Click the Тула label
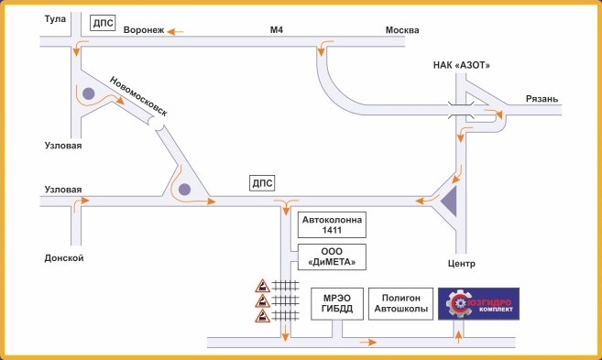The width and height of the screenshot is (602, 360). pos(55,19)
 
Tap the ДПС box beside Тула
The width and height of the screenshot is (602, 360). pos(103,23)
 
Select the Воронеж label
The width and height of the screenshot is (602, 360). pos(144,30)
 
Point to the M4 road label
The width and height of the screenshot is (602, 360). pos(277,29)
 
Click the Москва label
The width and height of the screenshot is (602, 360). pos(402,30)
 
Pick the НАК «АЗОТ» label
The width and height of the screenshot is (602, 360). pos(462,65)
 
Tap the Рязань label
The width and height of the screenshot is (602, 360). pos(542,99)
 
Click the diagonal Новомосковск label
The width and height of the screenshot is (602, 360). pos(138,96)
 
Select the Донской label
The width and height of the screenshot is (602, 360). pos(64,258)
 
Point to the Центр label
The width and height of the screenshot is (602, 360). pos(462,264)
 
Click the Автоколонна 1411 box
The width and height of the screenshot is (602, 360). pos(332,225)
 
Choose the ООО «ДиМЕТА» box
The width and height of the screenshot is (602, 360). pos(332,256)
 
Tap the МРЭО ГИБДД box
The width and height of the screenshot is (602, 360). pos(337,303)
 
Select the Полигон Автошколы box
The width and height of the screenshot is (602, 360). pos(400,303)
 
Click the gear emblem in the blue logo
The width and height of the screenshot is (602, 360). pos(458,303)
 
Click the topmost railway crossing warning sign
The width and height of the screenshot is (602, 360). pos(263,286)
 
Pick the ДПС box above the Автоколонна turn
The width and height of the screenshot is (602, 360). pos(262,183)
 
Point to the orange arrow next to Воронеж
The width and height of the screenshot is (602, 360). pos(175,32)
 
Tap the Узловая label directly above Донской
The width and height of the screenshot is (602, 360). pos(63,190)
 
